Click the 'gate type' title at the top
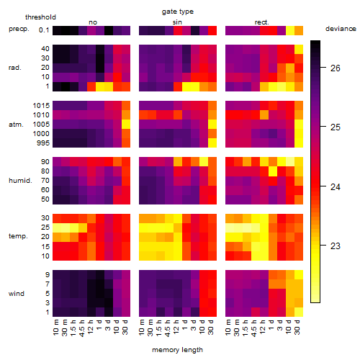(x=178, y=12)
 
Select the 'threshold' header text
(x=40, y=17)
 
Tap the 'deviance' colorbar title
(x=341, y=29)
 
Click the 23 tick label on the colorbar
(x=336, y=246)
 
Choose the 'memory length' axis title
(x=177, y=350)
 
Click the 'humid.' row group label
(x=20, y=181)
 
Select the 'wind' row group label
(x=17, y=294)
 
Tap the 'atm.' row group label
(x=16, y=125)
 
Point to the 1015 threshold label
(x=41, y=106)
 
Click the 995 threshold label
(x=43, y=143)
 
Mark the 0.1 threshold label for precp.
(x=44, y=30)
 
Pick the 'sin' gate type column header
(x=177, y=22)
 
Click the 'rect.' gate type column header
(x=262, y=22)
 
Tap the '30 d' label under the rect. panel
(x=297, y=327)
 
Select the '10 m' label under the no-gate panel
(x=55, y=328)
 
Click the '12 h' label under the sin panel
(x=176, y=327)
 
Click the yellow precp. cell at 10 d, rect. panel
(x=290, y=30)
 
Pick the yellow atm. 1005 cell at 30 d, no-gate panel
(x=126, y=125)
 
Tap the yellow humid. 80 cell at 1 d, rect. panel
(x=273, y=171)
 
